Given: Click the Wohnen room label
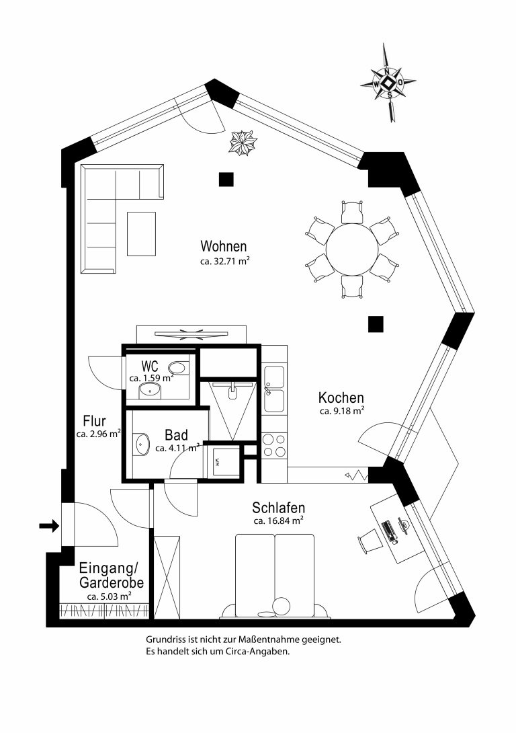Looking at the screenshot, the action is [224, 246].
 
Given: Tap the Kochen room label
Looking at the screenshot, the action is [341, 398].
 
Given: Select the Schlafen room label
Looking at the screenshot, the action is [278, 508].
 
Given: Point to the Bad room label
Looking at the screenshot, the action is [177, 435].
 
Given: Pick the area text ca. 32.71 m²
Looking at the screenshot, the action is [225, 262].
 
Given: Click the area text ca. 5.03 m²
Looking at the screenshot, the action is [109, 596].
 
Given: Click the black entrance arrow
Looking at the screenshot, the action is [48, 527].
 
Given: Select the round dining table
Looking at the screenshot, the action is [352, 249].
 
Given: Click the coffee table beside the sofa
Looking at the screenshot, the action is [142, 234].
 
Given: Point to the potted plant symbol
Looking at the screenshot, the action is [243, 143].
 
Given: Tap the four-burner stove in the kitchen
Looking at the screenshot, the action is [274, 445].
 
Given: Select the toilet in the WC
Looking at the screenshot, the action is [177, 368].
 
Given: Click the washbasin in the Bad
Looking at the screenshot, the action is [142, 444].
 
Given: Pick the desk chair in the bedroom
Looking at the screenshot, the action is [369, 541].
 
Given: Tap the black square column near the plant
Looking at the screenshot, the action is [226, 180].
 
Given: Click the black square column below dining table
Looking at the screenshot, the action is [376, 324].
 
